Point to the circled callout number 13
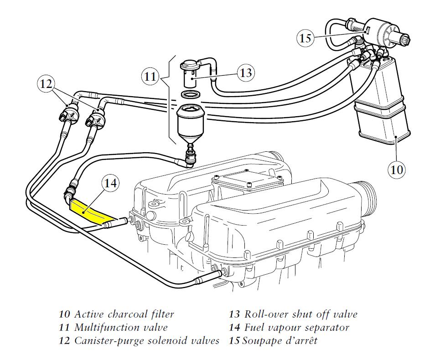point(246,73)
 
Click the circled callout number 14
point(110,183)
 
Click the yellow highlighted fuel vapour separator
point(91,211)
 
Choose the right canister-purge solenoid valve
point(96,119)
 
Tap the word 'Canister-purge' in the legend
point(108,340)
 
